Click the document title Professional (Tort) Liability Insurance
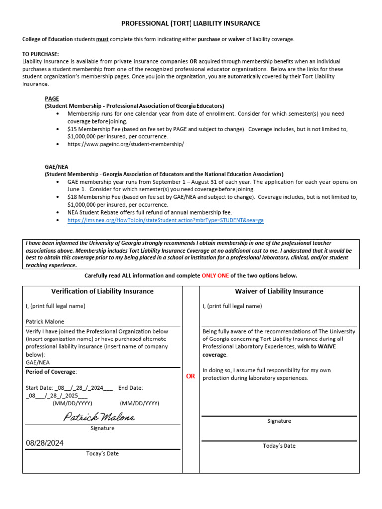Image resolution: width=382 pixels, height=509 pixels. [191, 23]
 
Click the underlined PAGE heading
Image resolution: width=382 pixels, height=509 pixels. [52, 99]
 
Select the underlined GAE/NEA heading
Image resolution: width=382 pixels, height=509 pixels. [56, 167]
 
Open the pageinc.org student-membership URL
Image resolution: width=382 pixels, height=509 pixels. [125, 144]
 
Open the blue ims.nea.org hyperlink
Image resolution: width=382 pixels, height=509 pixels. [165, 220]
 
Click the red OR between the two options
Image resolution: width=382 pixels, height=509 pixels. [191, 376]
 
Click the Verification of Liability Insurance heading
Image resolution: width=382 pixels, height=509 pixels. [102, 291]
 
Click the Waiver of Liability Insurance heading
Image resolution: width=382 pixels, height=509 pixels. [279, 291]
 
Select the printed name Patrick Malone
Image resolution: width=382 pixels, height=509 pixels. [45, 321]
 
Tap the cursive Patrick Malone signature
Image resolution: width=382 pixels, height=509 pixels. [99, 417]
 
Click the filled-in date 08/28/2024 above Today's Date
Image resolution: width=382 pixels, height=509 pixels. [45, 443]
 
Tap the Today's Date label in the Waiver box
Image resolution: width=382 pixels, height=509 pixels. [279, 446]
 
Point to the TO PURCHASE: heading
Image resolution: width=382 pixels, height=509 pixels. [41, 54]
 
